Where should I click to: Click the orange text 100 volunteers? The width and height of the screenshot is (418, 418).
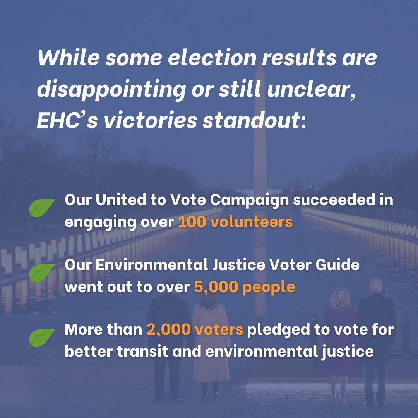point(235,223)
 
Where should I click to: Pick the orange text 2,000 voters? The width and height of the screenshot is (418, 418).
point(195,329)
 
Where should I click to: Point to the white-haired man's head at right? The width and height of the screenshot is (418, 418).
point(376,287)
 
